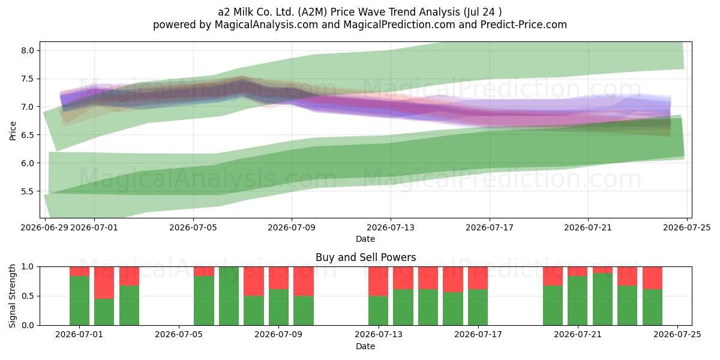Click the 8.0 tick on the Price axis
pyautogui.click(x=28, y=50)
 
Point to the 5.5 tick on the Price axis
pyautogui.click(x=28, y=191)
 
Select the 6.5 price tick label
pyautogui.click(x=28, y=135)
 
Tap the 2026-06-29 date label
pyautogui.click(x=44, y=227)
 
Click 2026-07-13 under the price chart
pyautogui.click(x=391, y=227)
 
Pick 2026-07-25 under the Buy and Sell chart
pyautogui.click(x=677, y=335)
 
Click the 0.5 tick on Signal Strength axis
pyautogui.click(x=28, y=296)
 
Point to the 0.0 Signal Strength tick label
pyautogui.click(x=28, y=325)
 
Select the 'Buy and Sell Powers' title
pyautogui.click(x=366, y=257)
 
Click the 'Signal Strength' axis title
pyautogui.click(x=12, y=296)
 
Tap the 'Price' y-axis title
pyautogui.click(x=13, y=131)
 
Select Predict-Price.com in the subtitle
pyautogui.click(x=524, y=25)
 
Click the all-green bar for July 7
pyautogui.click(x=229, y=296)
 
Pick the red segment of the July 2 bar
pyautogui.click(x=104, y=283)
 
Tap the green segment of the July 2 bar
pyautogui.click(x=104, y=312)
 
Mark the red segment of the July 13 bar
pyautogui.click(x=379, y=281)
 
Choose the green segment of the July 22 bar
pyautogui.click(x=602, y=299)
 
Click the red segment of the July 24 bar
pyautogui.click(x=653, y=278)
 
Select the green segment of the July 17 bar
pyautogui.click(x=478, y=307)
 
